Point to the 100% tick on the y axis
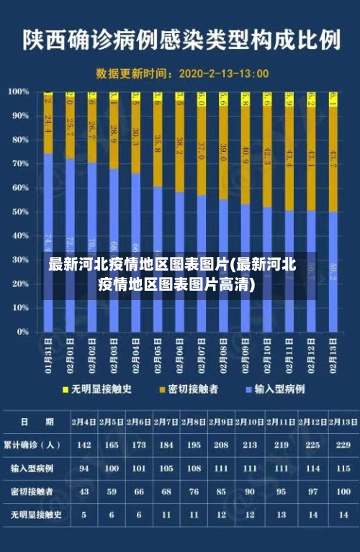[x=19, y=91]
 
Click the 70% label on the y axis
[x=19, y=163]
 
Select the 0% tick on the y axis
[x=22, y=332]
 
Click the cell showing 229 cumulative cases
[x=343, y=445]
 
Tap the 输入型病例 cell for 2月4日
[x=84, y=468]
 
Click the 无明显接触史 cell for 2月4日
[x=84, y=515]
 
